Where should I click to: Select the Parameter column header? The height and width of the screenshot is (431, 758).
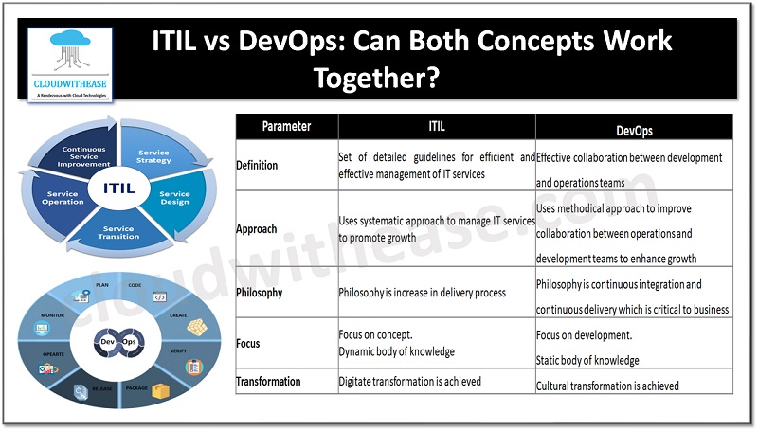pos(286,126)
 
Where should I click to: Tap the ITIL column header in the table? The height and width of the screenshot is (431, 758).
pos(437,126)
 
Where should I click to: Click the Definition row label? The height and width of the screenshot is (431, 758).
pos(257,166)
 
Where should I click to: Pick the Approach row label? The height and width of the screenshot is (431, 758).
pos(257,229)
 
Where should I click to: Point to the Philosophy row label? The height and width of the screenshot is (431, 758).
pos(260,293)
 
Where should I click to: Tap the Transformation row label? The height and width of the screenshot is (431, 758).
pos(269,382)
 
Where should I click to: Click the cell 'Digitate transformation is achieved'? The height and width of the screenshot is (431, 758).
pos(409,382)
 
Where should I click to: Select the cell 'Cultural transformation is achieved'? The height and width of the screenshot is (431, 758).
pos(607,386)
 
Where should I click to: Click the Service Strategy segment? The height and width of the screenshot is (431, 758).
pos(154,155)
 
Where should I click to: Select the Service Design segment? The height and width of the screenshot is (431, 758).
pos(173,199)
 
